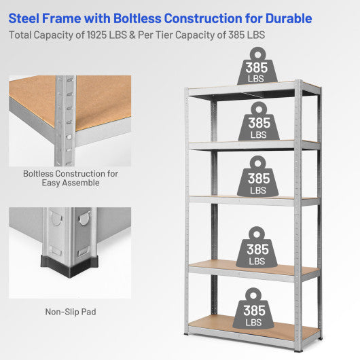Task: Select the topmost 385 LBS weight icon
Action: click(257, 67)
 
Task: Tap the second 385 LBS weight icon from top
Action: click(258, 123)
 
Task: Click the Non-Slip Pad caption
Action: click(70, 312)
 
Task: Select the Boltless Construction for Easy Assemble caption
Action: click(70, 178)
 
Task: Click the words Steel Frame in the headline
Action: click(43, 18)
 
